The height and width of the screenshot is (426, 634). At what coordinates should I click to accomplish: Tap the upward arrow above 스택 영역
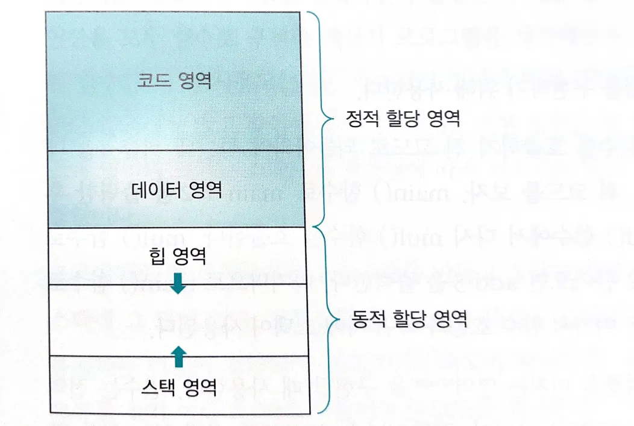(178, 357)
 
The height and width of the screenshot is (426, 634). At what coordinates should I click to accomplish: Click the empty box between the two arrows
(177, 319)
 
